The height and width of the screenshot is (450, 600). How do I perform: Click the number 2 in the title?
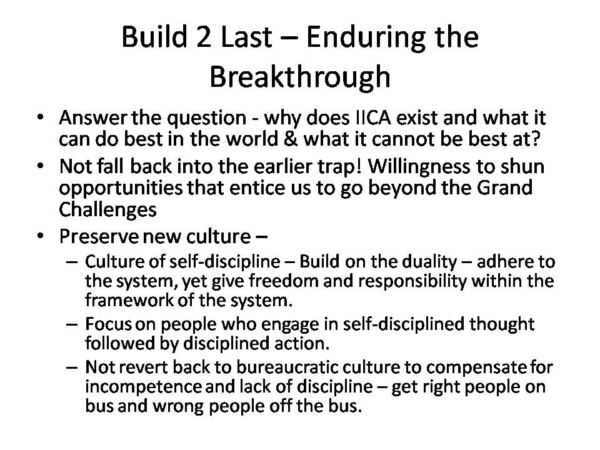[202, 37]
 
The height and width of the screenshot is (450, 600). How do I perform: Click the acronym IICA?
[371, 117]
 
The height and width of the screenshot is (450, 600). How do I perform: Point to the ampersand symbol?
[290, 139]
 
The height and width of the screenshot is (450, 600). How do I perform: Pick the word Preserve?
[98, 236]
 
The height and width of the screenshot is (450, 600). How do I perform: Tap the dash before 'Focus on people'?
[72, 324]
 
